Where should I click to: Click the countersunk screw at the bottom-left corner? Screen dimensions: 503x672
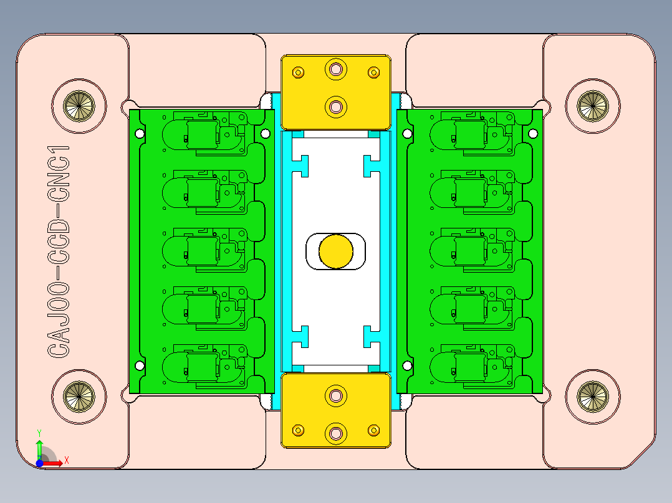tap(80, 395)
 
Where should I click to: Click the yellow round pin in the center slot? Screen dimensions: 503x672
tap(336, 251)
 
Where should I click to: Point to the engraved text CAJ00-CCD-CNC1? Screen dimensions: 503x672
tap(59, 251)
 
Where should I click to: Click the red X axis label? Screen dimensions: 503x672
tap(67, 460)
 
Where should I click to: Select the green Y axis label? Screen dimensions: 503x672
tap(39, 432)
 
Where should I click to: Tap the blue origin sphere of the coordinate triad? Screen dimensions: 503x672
tap(39, 463)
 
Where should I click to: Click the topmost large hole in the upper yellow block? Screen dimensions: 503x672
tap(337, 68)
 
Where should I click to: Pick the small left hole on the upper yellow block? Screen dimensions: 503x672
tap(299, 72)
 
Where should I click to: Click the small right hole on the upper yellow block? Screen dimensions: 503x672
tap(374, 72)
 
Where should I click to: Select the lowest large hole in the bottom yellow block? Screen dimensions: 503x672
tap(337, 433)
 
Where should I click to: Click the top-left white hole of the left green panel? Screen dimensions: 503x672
tap(140, 133)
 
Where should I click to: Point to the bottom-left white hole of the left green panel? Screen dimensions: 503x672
tap(140, 366)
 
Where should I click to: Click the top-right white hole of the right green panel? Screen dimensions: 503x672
tap(533, 133)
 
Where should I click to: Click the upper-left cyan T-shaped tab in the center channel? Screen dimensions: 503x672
tap(303, 165)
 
